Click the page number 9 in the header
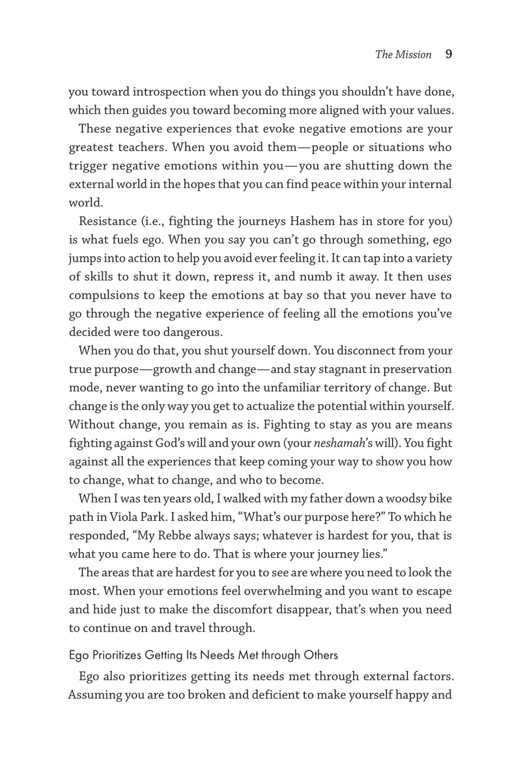[x=448, y=55]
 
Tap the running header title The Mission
[x=404, y=55]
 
